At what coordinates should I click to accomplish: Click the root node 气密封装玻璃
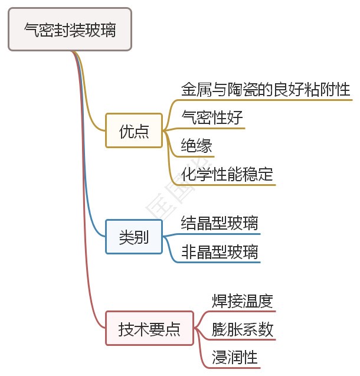point(70,30)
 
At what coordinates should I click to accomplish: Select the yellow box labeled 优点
point(134,130)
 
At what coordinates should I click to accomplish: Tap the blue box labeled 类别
point(134,237)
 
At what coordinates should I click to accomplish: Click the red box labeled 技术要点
point(149,328)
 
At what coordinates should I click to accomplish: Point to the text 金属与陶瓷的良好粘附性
point(266,90)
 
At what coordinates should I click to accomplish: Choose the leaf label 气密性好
point(212,118)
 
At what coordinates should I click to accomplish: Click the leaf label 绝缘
point(197,146)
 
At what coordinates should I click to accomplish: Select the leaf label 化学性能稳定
point(227,174)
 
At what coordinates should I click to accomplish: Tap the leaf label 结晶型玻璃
point(220,224)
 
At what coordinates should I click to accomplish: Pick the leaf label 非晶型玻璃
point(220,252)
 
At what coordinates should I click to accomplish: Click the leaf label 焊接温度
point(243,302)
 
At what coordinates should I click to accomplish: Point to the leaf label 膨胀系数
point(243,330)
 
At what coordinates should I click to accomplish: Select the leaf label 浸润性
point(235,358)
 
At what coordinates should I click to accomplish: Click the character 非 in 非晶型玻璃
point(189,252)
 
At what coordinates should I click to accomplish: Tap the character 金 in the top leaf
point(189,90)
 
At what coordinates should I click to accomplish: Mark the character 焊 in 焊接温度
point(220,302)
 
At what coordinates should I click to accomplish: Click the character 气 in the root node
point(31,30)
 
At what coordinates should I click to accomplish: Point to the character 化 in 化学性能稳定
point(189,174)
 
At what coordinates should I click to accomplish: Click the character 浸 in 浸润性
point(220,358)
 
